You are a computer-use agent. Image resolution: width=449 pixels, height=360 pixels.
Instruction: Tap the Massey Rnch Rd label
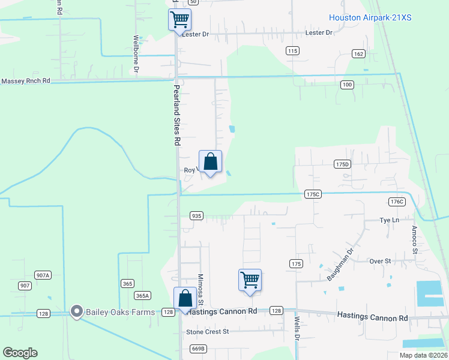coord(26,80)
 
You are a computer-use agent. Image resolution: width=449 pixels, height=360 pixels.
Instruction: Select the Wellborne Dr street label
coord(136,53)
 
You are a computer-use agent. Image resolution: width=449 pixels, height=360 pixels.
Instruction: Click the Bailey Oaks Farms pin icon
coord(76,311)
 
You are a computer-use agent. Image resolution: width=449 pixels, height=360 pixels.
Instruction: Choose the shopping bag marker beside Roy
coord(210,161)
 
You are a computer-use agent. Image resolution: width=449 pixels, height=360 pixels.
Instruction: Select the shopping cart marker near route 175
coord(250,280)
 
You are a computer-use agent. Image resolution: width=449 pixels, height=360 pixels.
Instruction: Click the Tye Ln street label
coord(389,220)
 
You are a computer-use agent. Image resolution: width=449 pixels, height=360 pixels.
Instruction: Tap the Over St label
coord(380,261)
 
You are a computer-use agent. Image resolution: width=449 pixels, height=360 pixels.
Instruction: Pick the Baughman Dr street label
coord(340,265)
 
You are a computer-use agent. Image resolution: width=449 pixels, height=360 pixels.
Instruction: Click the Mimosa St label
coord(201,289)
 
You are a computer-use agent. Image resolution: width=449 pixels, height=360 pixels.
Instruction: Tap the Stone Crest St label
coord(208,331)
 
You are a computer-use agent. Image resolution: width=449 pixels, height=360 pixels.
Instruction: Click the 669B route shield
coord(198,349)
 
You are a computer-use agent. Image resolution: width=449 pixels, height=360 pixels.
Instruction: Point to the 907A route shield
coord(43,275)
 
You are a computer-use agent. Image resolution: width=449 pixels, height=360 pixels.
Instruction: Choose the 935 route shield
coord(196,215)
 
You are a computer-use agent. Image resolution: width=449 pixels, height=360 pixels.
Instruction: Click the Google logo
coord(20,353)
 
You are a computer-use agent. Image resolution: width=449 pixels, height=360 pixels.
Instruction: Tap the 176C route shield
coord(397,202)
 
